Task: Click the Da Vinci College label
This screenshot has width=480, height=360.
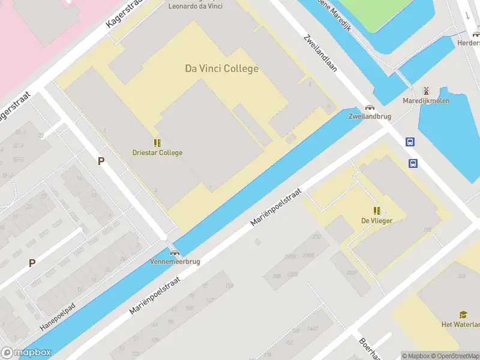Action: click(221, 68)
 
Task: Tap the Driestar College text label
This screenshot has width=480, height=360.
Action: click(157, 152)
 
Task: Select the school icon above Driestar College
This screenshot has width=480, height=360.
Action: click(157, 143)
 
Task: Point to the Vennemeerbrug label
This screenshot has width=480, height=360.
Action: click(175, 262)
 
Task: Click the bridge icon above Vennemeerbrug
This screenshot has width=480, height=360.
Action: click(175, 253)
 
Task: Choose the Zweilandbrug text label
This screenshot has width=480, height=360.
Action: click(367, 116)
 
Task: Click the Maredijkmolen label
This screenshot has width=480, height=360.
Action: click(426, 101)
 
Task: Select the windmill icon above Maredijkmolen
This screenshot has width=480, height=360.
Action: click(426, 91)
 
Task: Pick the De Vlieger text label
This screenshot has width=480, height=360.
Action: click(377, 220)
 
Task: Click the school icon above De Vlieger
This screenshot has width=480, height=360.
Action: click(377, 211)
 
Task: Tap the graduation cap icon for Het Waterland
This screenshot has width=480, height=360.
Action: click(463, 314)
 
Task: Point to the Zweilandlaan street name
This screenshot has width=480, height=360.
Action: click(320, 53)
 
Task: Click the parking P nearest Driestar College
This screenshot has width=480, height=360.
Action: click(101, 161)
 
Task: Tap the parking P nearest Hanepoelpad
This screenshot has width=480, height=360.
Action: click(32, 263)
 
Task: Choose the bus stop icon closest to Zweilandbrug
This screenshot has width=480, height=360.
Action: click(410, 142)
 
